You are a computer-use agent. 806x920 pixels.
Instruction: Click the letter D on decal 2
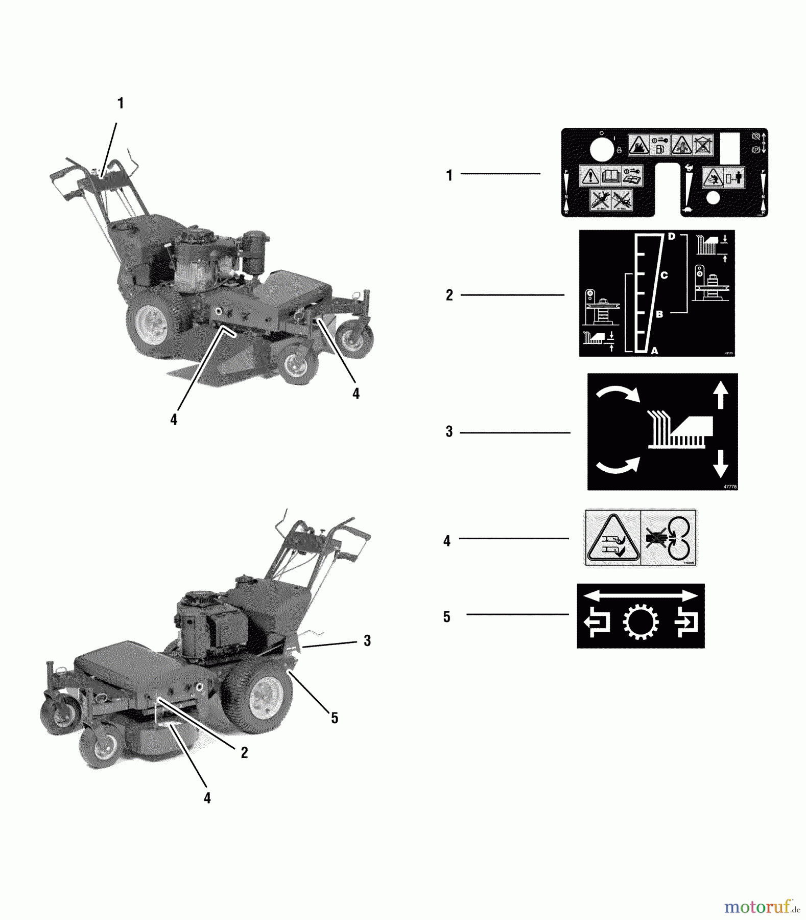pos(672,236)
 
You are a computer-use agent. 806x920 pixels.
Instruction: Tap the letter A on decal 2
pos(655,351)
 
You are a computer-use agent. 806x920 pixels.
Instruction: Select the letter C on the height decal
pos(664,275)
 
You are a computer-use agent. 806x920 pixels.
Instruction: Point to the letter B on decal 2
pos(659,314)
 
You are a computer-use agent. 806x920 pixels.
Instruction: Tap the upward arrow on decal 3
pos(720,396)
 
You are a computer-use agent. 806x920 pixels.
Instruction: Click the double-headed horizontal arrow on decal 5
pos(641,595)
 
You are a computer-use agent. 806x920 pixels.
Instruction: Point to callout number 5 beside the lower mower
pos(335,718)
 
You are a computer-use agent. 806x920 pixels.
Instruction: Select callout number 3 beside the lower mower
pos(367,640)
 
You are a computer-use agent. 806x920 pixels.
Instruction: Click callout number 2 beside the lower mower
pos(244,752)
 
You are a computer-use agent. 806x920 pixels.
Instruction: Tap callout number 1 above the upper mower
pos(121,103)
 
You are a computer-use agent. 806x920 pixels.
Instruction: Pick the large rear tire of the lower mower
pos(258,687)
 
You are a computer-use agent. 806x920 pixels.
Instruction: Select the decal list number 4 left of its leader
pos(447,541)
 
